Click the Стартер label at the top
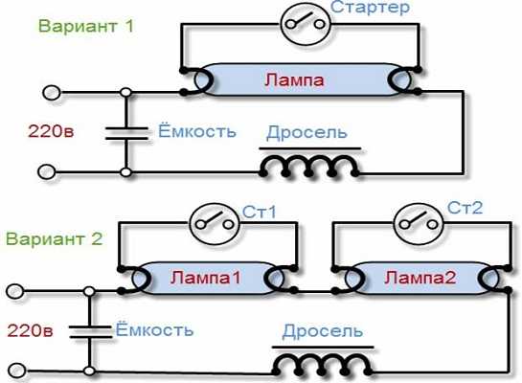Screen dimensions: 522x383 (370, 8)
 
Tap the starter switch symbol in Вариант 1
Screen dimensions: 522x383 (306, 23)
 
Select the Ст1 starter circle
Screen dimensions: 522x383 (215, 224)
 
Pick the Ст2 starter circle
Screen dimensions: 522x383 (419, 224)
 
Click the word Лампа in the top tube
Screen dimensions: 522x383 (294, 80)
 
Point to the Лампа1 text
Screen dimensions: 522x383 (205, 278)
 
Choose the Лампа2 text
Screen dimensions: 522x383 (420, 277)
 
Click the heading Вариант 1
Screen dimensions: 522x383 (86, 26)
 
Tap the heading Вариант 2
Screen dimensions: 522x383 (54, 238)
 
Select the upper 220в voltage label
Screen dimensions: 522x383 (51, 131)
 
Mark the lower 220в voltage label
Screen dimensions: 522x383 (30, 330)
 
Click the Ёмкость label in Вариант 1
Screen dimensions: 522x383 (197, 130)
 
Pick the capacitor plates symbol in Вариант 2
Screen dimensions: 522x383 (90, 331)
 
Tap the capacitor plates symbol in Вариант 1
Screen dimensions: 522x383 (126, 133)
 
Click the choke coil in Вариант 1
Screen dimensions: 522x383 (309, 166)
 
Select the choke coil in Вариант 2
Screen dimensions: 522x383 (323, 365)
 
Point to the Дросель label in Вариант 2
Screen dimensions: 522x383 (322, 331)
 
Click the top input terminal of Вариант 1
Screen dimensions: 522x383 (52, 93)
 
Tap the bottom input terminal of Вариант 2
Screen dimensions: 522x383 (16, 371)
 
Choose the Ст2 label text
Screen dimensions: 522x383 (465, 208)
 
